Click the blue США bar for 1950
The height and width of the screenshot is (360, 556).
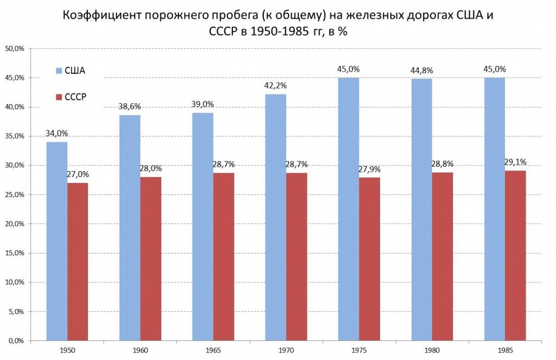(57, 242)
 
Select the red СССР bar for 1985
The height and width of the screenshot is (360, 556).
(515, 255)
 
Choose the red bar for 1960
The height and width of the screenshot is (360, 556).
(150, 258)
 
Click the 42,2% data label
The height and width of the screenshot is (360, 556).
(276, 85)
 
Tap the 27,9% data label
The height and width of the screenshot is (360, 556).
(369, 169)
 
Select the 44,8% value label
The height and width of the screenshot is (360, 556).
(422, 70)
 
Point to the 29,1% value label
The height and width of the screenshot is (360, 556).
(515, 162)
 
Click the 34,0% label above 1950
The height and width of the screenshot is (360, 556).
(57, 133)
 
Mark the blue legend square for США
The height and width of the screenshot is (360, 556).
(59, 71)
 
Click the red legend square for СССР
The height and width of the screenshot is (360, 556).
(59, 97)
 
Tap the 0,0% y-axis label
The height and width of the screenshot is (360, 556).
(16, 340)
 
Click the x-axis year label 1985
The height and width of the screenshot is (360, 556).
(504, 351)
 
